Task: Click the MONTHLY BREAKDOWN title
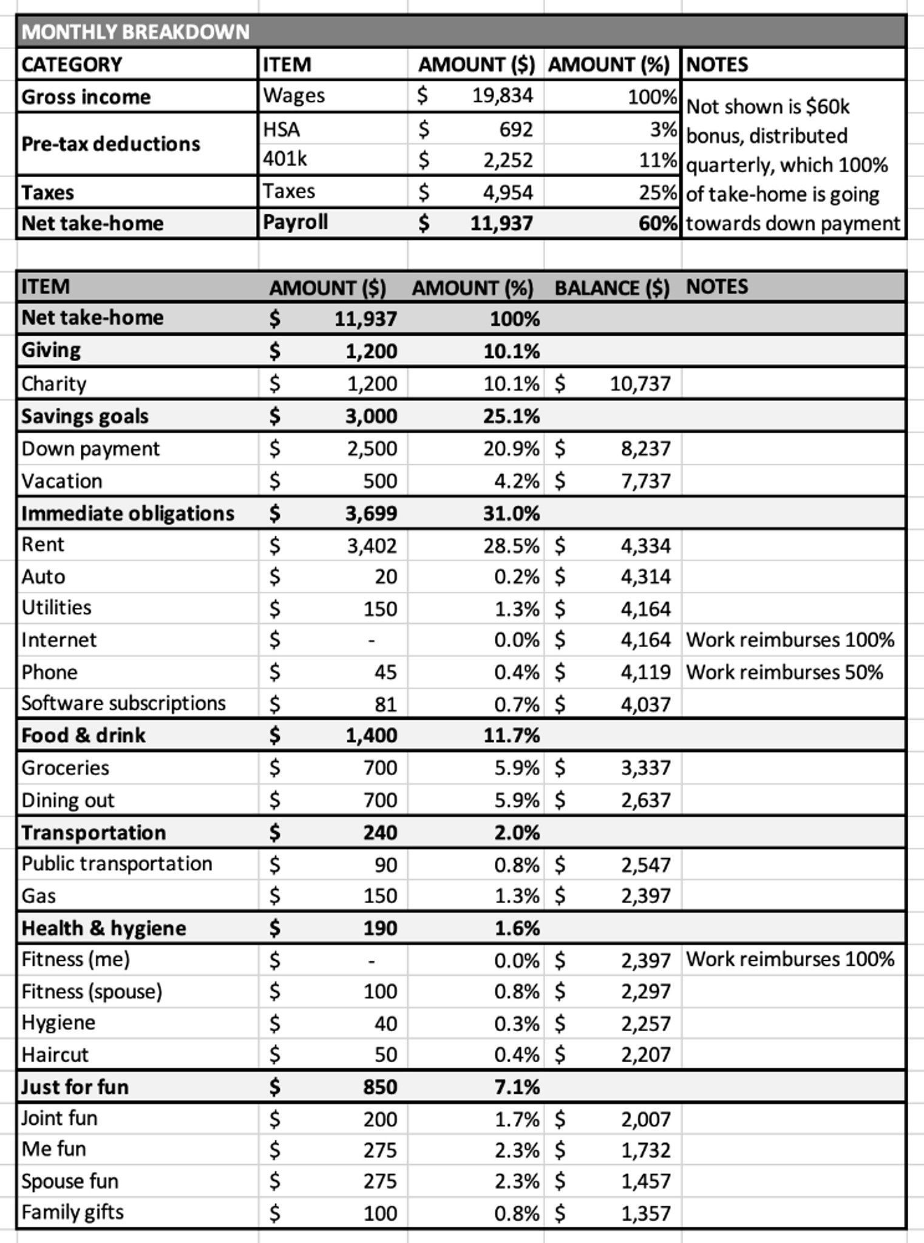pyautogui.click(x=135, y=32)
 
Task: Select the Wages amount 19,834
pyautogui.click(x=502, y=96)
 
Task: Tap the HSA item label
pyautogui.click(x=281, y=129)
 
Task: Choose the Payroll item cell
pyautogui.click(x=295, y=223)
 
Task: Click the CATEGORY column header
pyautogui.click(x=72, y=64)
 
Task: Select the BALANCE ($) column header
pyautogui.click(x=611, y=287)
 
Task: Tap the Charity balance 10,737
pyautogui.click(x=640, y=384)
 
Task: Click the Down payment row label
pyautogui.click(x=90, y=449)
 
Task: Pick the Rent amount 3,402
pyautogui.click(x=372, y=546)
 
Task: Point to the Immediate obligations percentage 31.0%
pyautogui.click(x=511, y=513)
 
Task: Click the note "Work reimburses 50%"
pyautogui.click(x=784, y=672)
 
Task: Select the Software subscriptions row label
pyautogui.click(x=123, y=703)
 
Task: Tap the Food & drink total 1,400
pyautogui.click(x=371, y=736)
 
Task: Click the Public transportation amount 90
pyautogui.click(x=386, y=864)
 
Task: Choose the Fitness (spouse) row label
pyautogui.click(x=92, y=992)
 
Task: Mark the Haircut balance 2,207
pyautogui.click(x=645, y=1055)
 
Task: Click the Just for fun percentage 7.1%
pyautogui.click(x=517, y=1087)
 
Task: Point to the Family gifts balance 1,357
pyautogui.click(x=645, y=1213)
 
